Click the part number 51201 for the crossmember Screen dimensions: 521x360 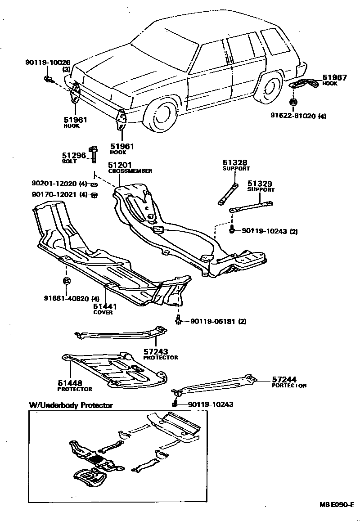pos(118,165)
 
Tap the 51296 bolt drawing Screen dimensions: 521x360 pos(94,154)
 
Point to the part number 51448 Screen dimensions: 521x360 pos(69,383)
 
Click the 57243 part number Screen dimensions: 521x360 pos(156,352)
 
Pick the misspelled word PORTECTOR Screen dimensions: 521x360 pos(289,386)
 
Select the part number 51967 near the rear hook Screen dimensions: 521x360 pos(335,77)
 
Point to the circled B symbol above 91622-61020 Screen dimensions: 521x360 pos(293,103)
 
